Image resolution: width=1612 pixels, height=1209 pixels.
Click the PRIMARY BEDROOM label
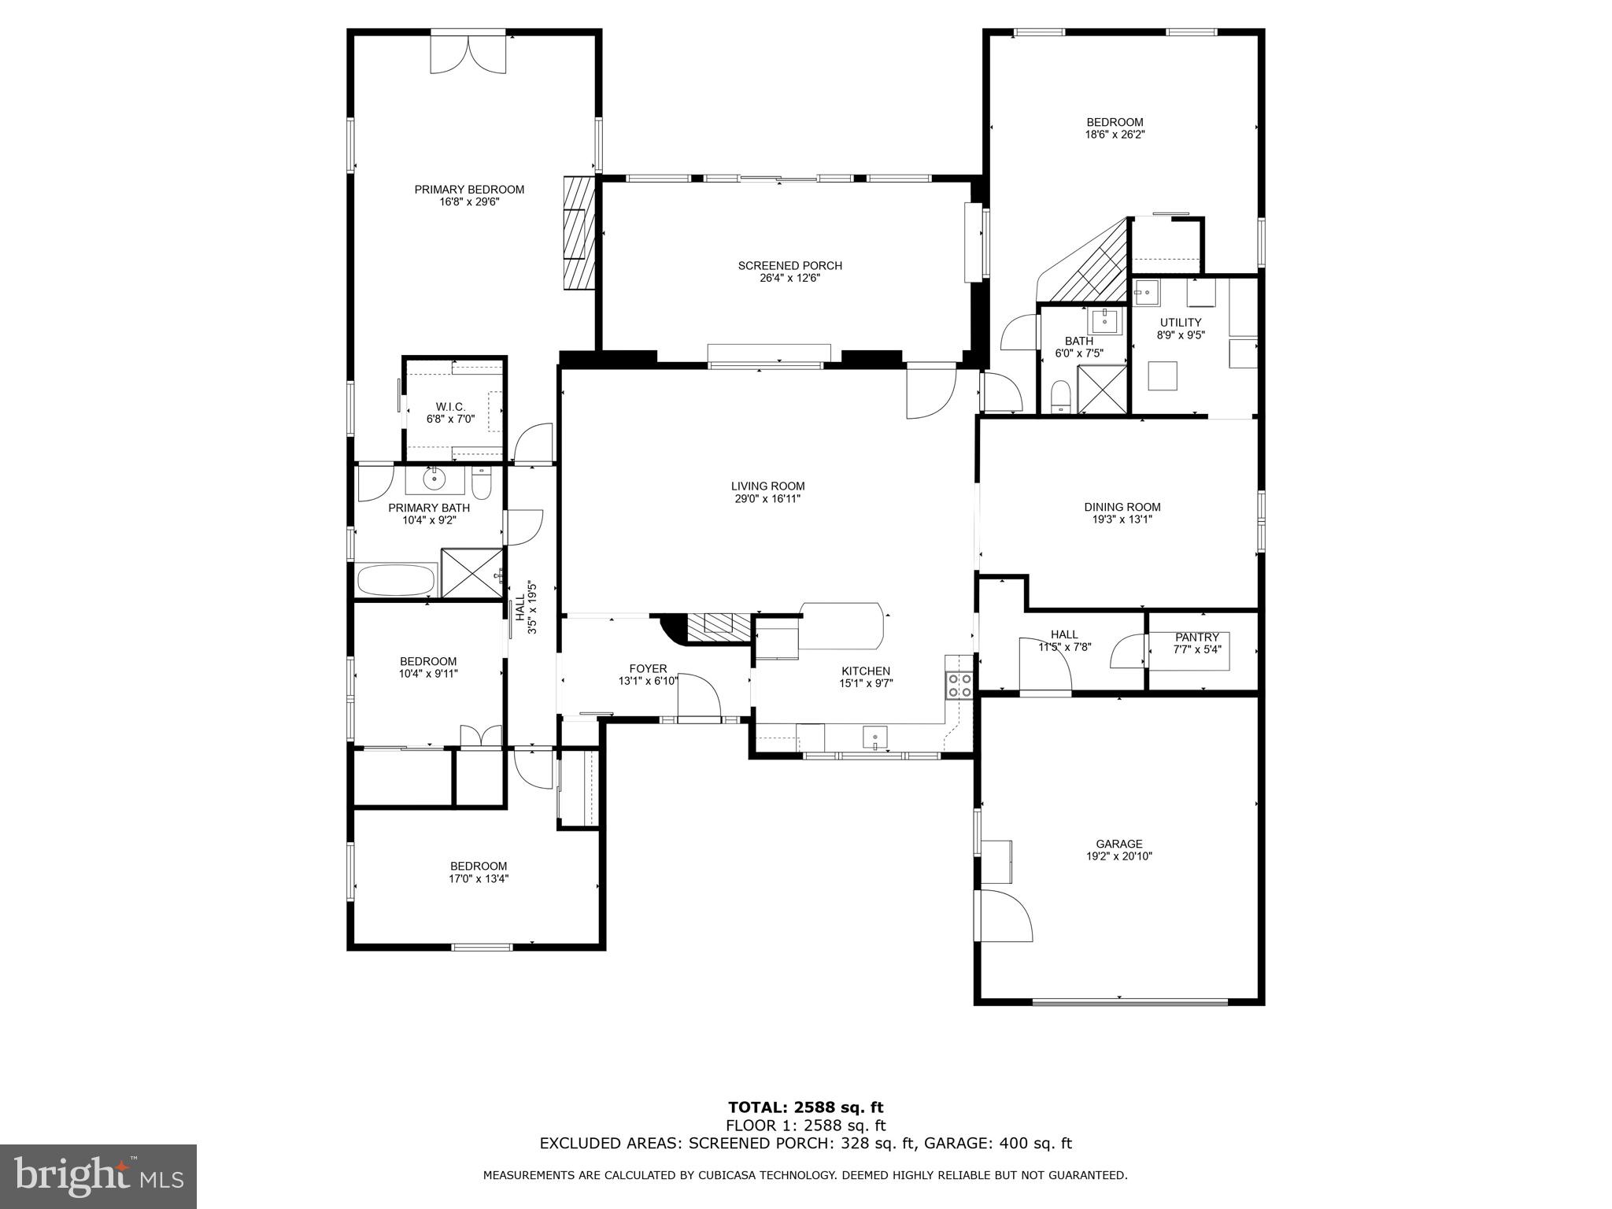[x=469, y=190]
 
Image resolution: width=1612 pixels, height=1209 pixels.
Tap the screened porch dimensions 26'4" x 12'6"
[x=789, y=278]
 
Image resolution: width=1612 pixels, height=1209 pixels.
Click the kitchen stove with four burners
[x=959, y=686]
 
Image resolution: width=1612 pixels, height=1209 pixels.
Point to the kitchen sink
[x=874, y=738]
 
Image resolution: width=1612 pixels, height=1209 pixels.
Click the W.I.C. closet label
[x=451, y=407]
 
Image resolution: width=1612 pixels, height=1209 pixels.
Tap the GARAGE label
[x=1118, y=844]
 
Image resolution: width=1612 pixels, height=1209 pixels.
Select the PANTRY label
[x=1196, y=638]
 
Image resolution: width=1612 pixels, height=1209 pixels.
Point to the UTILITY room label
[x=1180, y=323]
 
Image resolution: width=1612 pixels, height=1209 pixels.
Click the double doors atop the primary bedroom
[x=468, y=54]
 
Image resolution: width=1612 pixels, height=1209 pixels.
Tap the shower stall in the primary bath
[x=471, y=573]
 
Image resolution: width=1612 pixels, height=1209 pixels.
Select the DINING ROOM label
[x=1122, y=507]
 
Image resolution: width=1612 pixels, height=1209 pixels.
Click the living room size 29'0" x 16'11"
[x=767, y=498]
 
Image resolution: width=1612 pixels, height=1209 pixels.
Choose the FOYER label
[x=648, y=669]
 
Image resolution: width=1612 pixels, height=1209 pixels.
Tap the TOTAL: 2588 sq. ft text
[x=805, y=1108]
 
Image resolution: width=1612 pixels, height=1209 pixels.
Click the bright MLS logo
[x=98, y=1175]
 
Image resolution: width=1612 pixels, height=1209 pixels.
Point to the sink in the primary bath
[x=434, y=478]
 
